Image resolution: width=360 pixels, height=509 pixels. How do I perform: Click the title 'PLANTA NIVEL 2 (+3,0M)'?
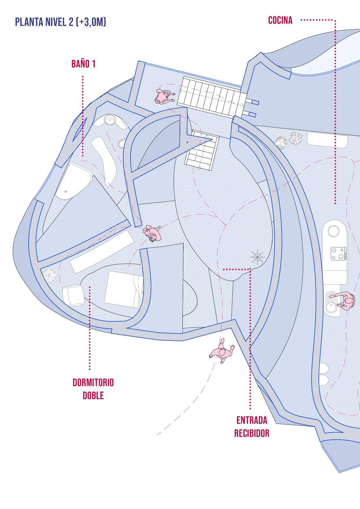tap(60, 22)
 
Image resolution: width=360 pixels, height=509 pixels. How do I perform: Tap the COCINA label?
tap(280, 20)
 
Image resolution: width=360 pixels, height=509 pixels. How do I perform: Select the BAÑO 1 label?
tap(83, 64)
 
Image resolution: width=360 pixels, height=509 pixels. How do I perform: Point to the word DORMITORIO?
tap(93, 382)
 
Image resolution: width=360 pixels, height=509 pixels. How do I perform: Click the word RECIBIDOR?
tap(252, 433)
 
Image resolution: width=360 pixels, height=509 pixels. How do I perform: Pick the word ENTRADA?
tap(252, 420)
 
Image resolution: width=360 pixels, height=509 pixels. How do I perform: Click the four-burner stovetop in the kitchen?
tap(338, 253)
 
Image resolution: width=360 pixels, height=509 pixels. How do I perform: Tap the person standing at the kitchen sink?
tap(347, 302)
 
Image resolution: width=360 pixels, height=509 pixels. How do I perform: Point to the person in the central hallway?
tap(152, 233)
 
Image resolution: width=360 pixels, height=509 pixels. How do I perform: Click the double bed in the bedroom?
tap(124, 289)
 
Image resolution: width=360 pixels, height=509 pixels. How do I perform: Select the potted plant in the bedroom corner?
tap(51, 275)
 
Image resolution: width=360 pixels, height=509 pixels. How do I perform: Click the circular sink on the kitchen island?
tap(334, 232)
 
